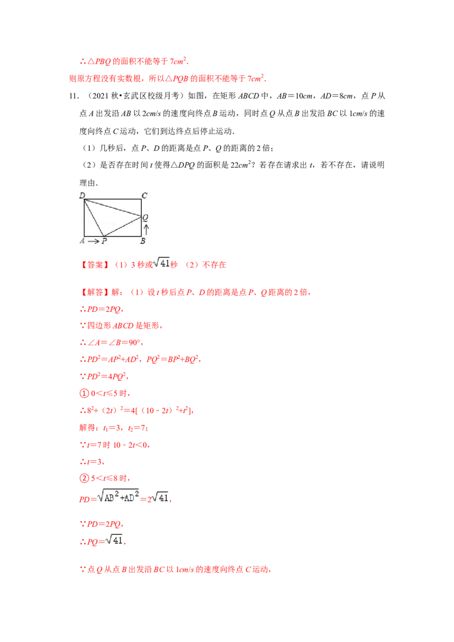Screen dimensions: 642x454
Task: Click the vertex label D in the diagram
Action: point(82,196)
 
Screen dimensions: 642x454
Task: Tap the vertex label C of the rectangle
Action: point(145,196)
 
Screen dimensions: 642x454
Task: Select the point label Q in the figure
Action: point(145,217)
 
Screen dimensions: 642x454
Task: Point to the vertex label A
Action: point(82,241)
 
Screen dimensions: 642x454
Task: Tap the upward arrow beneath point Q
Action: point(146,229)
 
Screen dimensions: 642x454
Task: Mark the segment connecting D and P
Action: point(94,218)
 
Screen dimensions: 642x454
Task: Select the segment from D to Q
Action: point(113,208)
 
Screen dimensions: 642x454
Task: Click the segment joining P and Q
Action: point(122,226)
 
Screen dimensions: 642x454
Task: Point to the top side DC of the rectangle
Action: point(113,199)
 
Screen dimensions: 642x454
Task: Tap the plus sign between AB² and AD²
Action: point(120,497)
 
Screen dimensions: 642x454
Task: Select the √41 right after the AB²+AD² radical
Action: point(161,497)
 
